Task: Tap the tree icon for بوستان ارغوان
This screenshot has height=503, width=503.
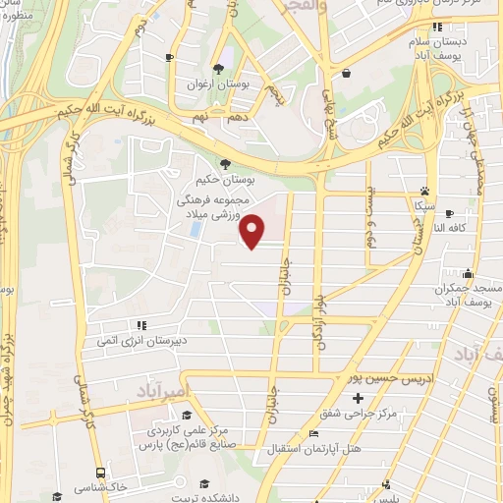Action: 217,68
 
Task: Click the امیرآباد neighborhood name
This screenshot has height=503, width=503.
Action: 150,391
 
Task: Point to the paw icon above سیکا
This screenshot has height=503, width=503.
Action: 423,192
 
